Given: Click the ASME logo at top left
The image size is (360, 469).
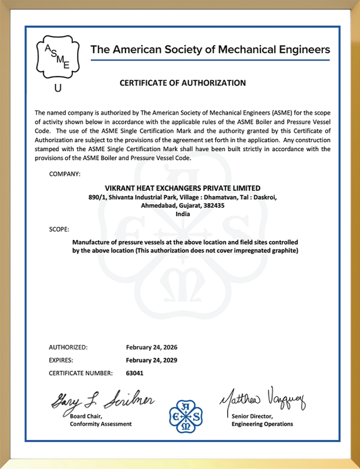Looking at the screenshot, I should (58, 57).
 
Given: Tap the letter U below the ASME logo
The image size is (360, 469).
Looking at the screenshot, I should (58, 88).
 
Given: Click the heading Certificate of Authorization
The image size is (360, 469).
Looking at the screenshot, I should (182, 83).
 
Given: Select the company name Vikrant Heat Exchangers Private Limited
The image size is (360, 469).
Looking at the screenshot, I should (182, 188).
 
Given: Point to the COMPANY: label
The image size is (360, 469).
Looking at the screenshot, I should (65, 174).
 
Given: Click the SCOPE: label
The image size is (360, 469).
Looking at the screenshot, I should (59, 229).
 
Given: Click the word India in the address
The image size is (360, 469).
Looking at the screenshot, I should (182, 214).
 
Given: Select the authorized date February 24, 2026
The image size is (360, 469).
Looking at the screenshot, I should (152, 347).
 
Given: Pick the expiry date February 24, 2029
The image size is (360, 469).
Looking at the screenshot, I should (152, 360).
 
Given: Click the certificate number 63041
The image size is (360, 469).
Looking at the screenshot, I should (134, 373).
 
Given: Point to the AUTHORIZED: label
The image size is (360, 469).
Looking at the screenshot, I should (68, 347).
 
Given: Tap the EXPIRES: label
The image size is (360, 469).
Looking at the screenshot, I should (61, 360).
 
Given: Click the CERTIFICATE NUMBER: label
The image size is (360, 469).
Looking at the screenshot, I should (81, 373).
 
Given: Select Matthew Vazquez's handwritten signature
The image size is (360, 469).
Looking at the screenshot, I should (262, 400).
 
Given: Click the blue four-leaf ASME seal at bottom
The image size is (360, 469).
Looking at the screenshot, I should (186, 416).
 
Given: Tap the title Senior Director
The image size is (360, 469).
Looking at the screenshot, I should (252, 416).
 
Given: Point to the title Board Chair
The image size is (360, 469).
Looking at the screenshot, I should (86, 416).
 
